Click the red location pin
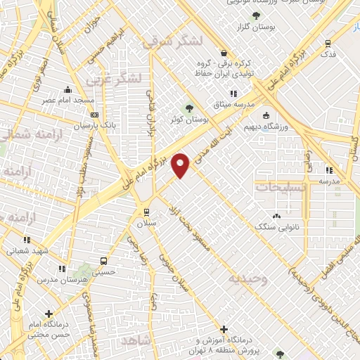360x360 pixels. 181,165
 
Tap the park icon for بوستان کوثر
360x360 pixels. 188,108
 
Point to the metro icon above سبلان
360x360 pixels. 146,212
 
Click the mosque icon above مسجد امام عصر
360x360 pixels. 67,90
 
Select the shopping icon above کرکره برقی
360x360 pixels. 224,53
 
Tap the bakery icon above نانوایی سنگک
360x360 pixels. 276,216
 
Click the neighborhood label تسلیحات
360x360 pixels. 276,188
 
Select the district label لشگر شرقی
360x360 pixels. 166,42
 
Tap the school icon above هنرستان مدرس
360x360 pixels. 62,269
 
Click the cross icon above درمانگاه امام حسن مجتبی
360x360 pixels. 49,314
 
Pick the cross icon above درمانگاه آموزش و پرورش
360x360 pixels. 224,328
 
